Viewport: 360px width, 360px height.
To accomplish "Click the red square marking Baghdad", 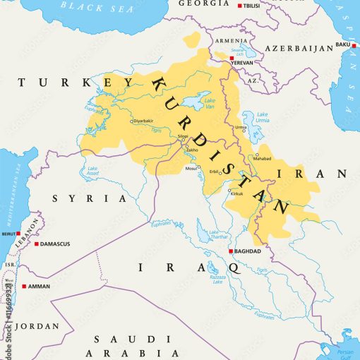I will point(231,252).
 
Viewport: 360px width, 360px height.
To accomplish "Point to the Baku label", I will point(343,44).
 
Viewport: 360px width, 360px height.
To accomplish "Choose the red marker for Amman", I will point(25,287).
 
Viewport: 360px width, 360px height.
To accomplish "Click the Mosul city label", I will point(191,169).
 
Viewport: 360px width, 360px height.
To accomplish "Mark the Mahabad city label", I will point(263,160).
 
